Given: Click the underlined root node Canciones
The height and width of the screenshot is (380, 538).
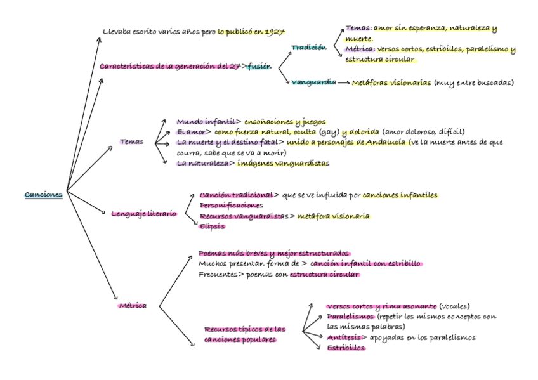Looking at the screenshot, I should [x=44, y=194].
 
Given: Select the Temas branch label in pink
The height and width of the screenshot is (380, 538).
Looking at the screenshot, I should [x=131, y=141].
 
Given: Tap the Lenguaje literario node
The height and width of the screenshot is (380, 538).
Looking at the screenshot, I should [x=143, y=214].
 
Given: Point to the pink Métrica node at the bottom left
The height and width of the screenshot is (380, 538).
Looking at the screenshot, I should [x=133, y=305].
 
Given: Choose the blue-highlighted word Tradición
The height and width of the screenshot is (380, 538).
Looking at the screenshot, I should [x=309, y=48].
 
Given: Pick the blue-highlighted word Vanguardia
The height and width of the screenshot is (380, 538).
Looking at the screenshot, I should [x=313, y=82].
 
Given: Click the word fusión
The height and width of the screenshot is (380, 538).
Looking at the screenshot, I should [x=259, y=65].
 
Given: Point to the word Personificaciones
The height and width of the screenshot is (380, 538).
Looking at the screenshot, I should [x=231, y=206].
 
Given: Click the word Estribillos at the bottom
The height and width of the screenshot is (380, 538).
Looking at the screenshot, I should [x=346, y=348].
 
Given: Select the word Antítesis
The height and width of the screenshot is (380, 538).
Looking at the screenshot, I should [x=343, y=337].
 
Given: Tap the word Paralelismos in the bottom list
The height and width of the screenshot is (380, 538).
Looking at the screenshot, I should [x=350, y=316].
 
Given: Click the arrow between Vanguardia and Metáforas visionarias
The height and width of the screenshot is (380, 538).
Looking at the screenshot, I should [x=343, y=83].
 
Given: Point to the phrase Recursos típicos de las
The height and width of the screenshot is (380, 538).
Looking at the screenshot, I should [x=245, y=329].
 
